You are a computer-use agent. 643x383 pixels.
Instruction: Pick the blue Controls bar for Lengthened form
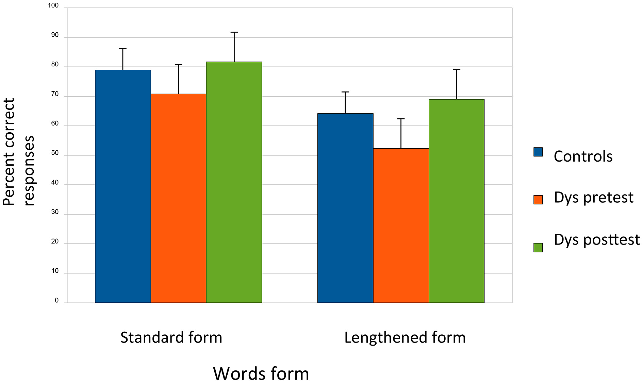click(x=345, y=208)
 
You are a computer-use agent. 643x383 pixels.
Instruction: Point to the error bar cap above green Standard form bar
click(x=234, y=32)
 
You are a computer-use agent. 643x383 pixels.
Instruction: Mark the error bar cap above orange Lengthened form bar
click(x=401, y=119)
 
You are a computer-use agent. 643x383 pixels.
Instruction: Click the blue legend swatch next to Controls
click(x=538, y=152)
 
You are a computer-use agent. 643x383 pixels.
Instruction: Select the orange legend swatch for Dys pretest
click(x=538, y=200)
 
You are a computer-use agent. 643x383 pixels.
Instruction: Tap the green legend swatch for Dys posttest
click(x=538, y=247)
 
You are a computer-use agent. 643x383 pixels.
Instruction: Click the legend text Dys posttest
click(x=596, y=239)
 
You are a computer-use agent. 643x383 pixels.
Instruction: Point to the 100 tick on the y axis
click(x=53, y=5)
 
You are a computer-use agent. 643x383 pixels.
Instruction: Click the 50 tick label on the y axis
click(x=55, y=153)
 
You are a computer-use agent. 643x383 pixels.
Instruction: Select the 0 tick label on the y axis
click(x=57, y=300)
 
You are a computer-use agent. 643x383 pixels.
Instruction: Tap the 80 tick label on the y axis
click(x=55, y=65)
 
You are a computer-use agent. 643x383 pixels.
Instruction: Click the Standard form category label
click(x=171, y=337)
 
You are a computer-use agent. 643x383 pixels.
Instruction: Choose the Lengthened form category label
click(x=405, y=337)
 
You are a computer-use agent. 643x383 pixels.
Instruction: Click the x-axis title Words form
click(x=261, y=373)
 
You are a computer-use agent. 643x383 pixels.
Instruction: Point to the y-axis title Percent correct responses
click(x=19, y=152)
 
